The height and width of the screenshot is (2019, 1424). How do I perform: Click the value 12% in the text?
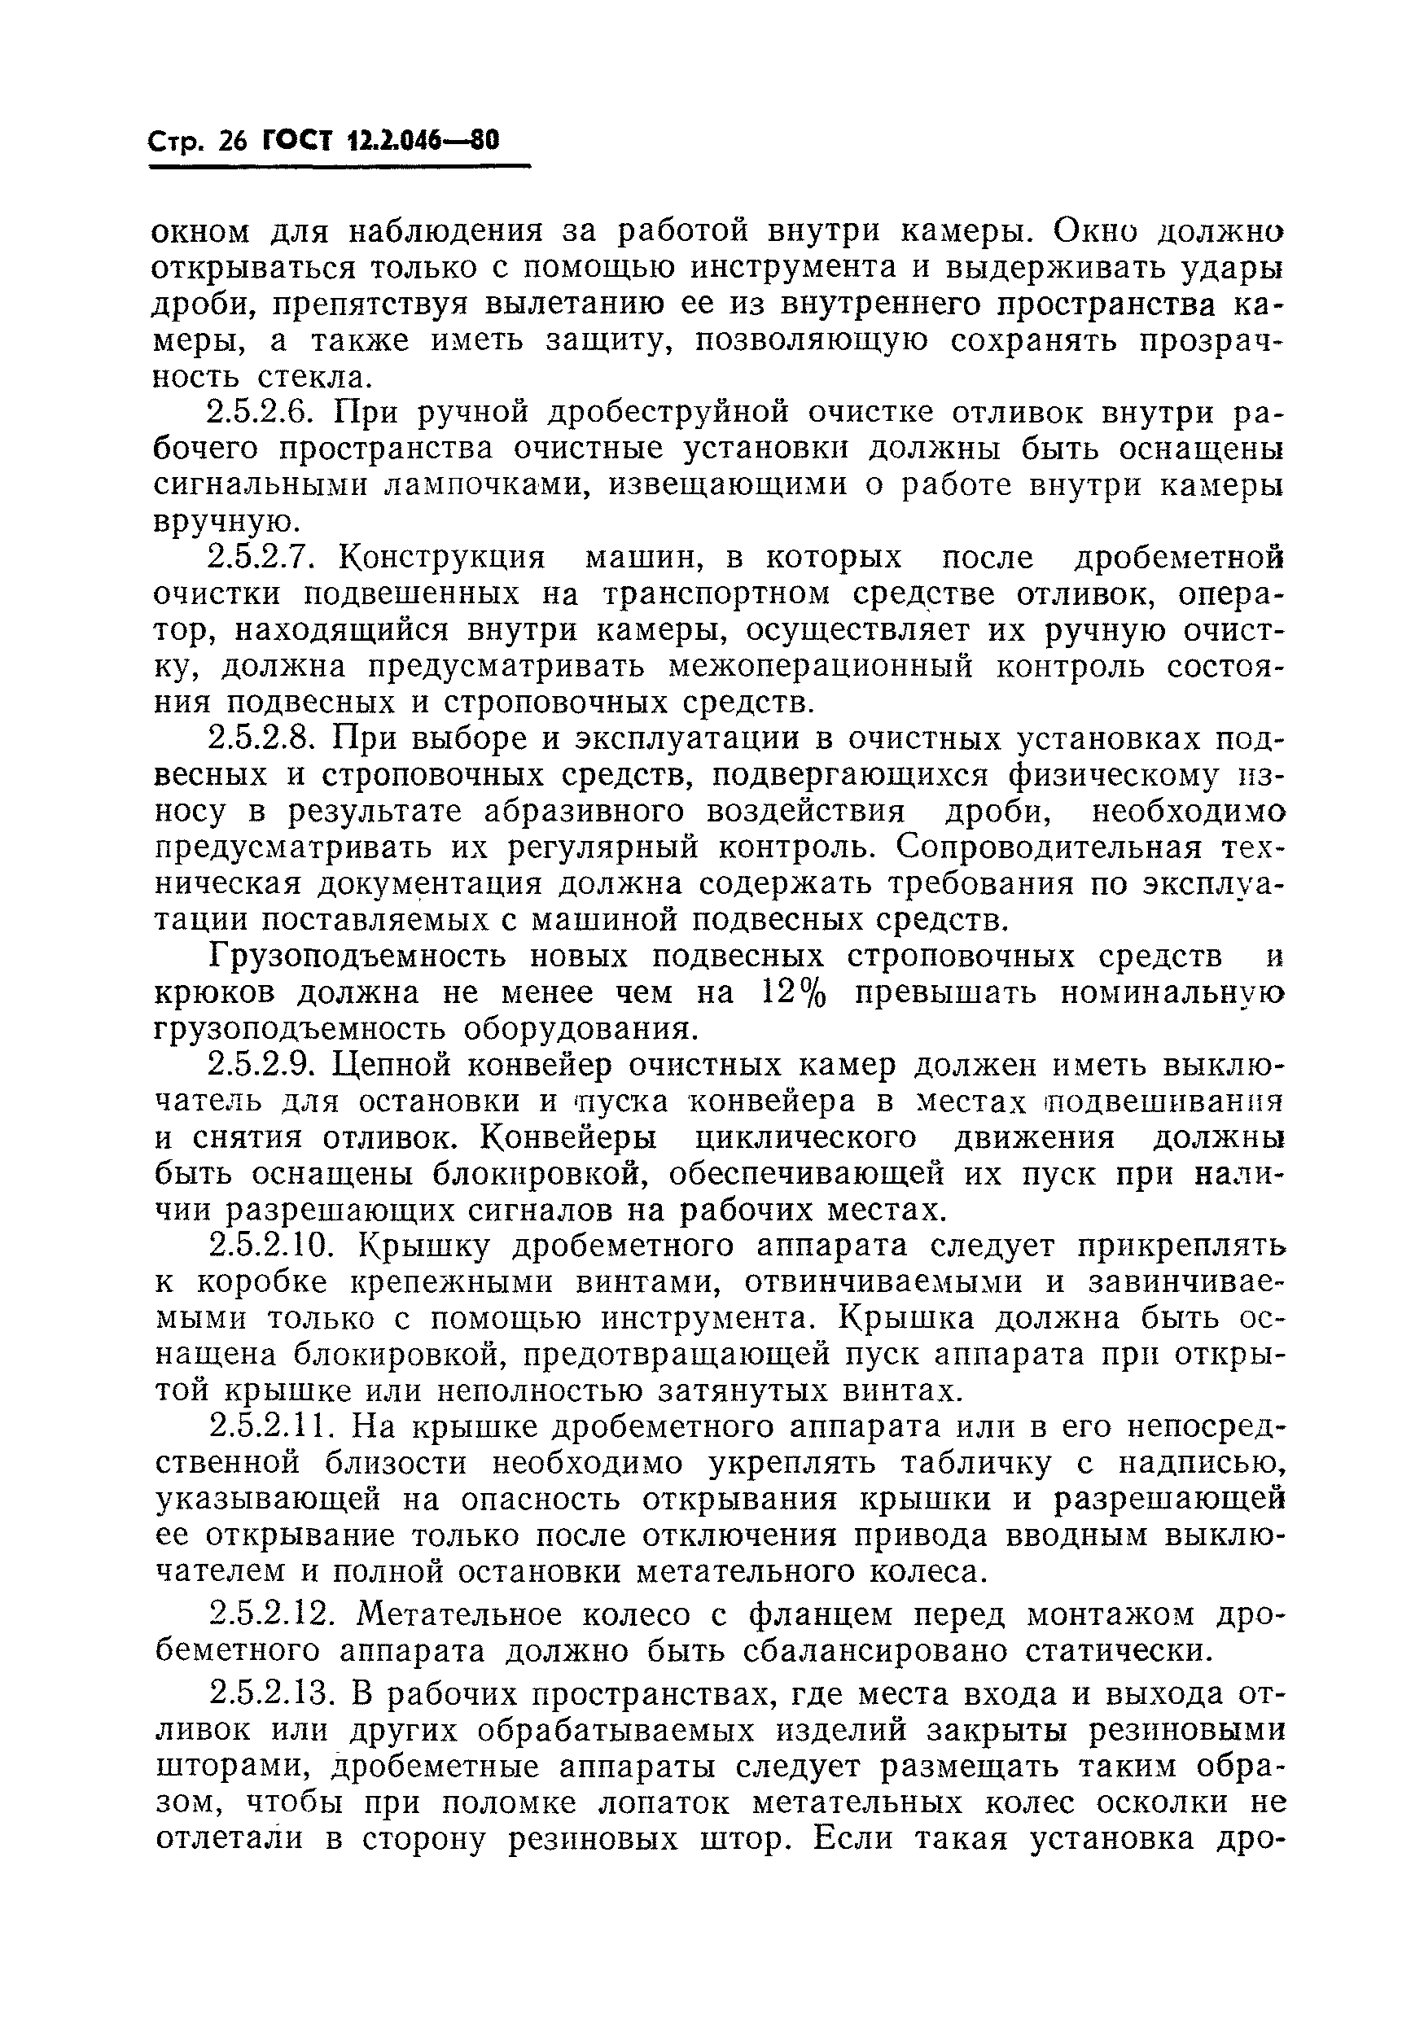click(795, 992)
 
